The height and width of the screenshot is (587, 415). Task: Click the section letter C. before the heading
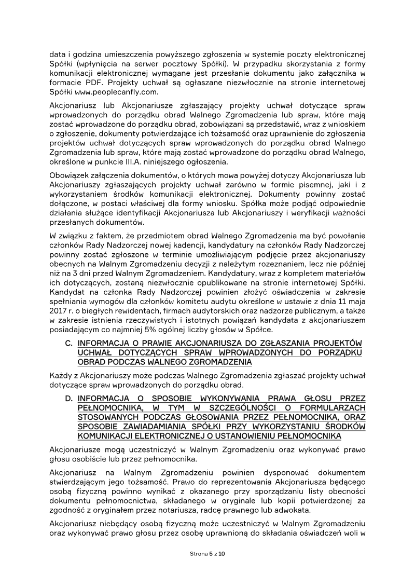(68, 344)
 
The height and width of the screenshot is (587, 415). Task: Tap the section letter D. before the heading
(68, 398)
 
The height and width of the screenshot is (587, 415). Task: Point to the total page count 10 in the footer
(222, 554)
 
